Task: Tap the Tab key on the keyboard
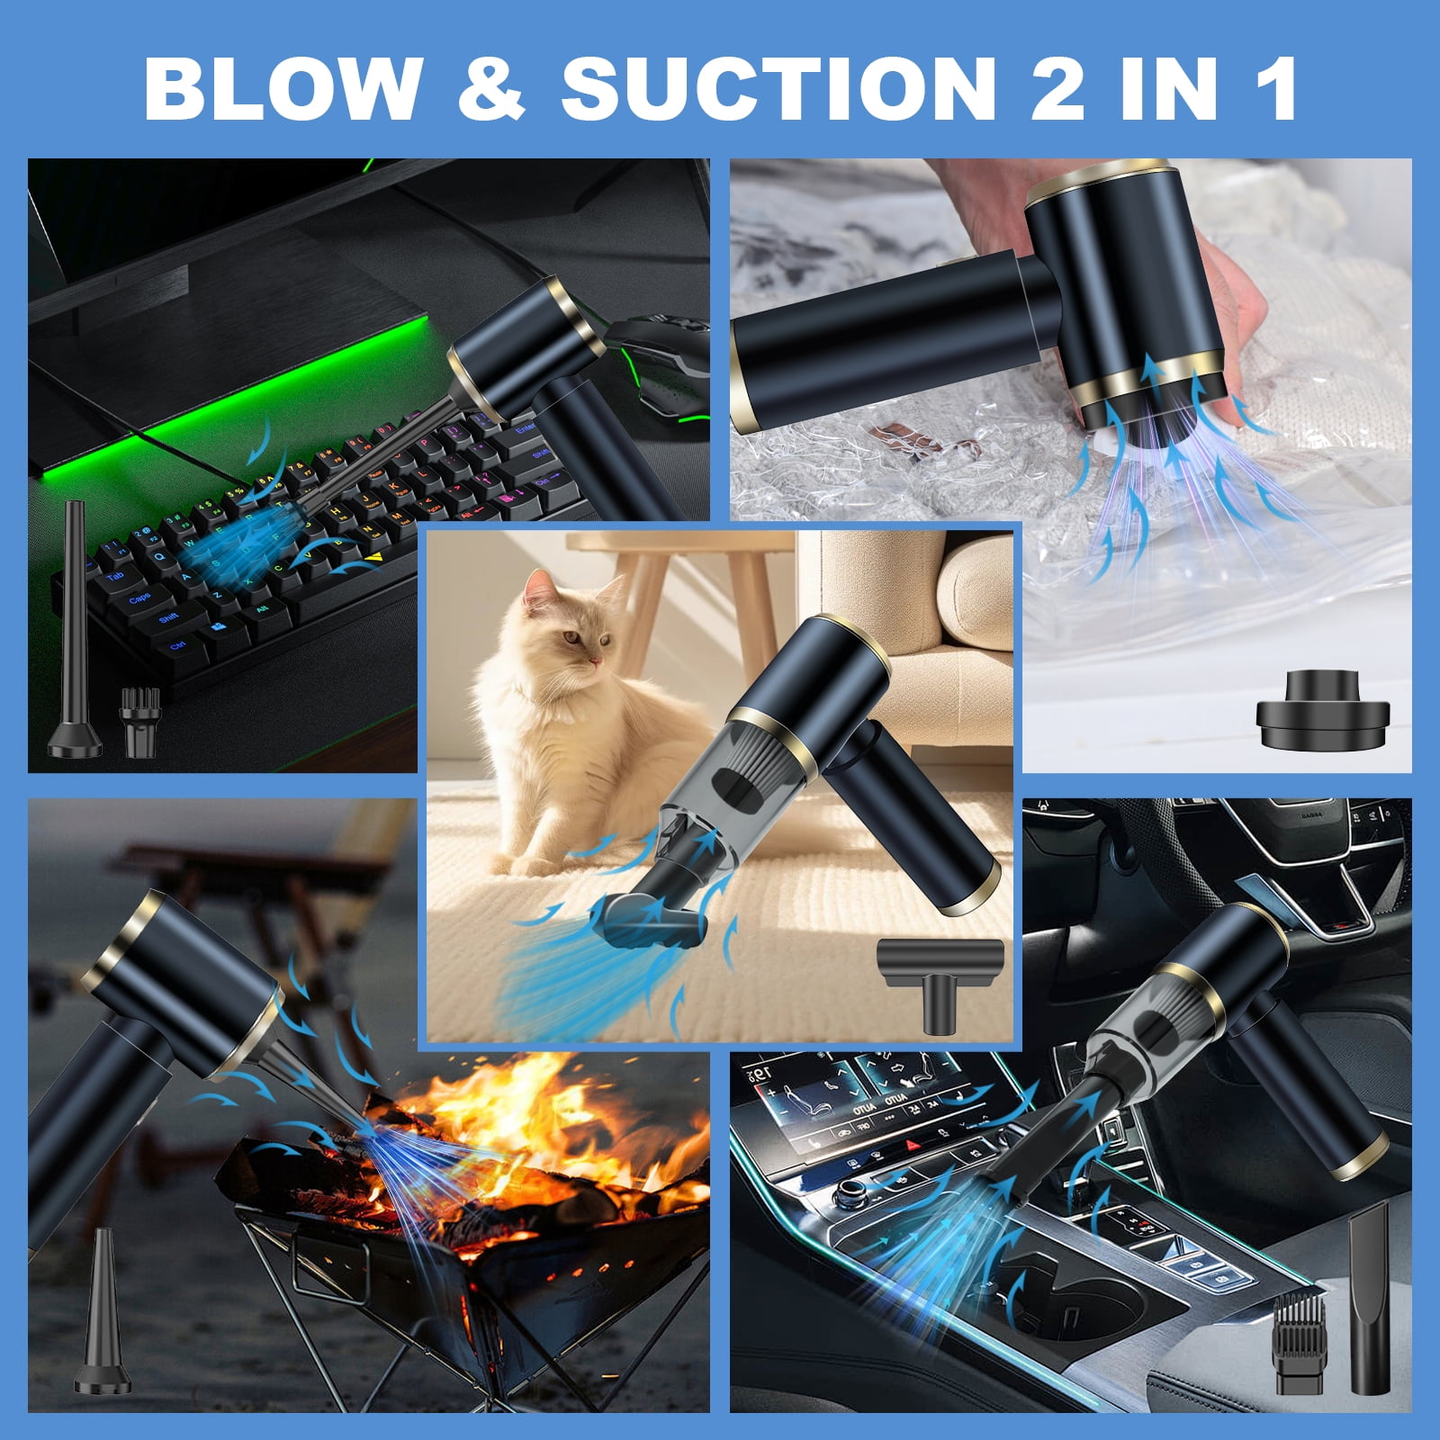point(115,577)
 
